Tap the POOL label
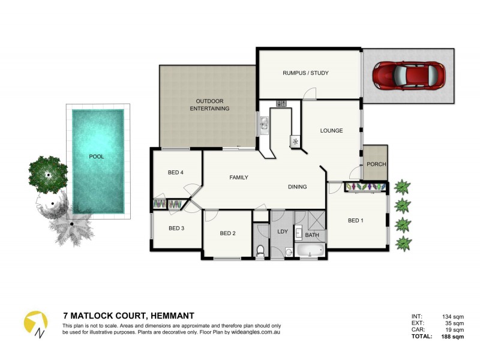(97, 157)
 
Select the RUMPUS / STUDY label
(305, 73)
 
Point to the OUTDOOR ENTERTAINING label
(209, 105)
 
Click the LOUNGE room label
(331, 130)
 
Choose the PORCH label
(376, 164)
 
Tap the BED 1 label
(356, 221)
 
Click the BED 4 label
(175, 173)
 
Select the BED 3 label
(176, 228)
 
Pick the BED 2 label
(227, 233)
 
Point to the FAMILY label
(239, 178)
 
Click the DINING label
(297, 187)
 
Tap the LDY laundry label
(282, 231)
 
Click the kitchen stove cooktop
(281, 104)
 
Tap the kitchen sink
(264, 125)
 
